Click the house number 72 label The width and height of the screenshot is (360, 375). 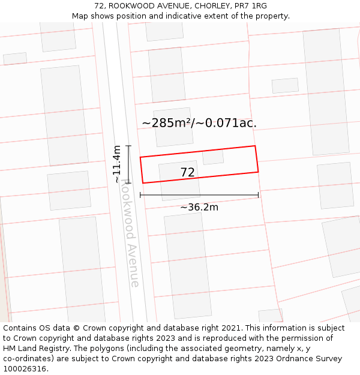click(187, 173)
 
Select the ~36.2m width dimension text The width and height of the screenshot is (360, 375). click(199, 208)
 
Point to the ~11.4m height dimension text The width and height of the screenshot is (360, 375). click(117, 164)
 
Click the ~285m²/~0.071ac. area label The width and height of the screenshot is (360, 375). click(199, 123)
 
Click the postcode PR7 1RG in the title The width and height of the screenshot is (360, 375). click(251, 6)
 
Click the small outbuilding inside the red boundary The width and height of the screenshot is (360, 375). click(212, 158)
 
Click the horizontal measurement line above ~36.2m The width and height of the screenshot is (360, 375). click(199, 195)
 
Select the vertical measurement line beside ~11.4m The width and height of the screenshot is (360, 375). click(128, 164)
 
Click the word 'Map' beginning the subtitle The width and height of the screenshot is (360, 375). click(80, 16)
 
